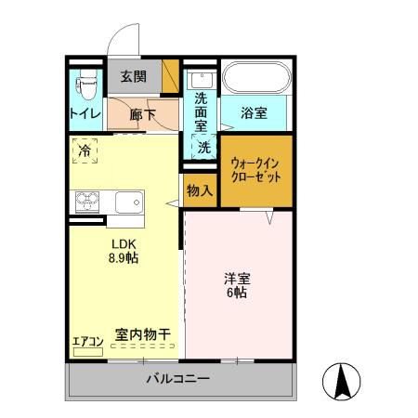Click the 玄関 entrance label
tap(133, 77)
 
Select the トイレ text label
tap(85, 114)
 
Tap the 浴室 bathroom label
tap(255, 114)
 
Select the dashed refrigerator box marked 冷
tap(85, 150)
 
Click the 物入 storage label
tap(200, 190)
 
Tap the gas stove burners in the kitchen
tap(88, 202)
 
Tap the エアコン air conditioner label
tap(87, 340)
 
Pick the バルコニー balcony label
tap(177, 379)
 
